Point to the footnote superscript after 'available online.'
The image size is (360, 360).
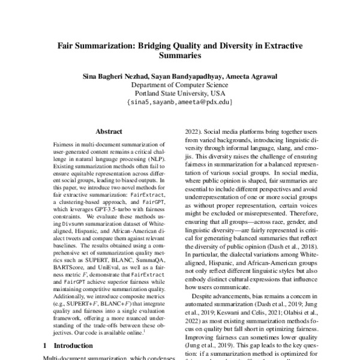145,329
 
